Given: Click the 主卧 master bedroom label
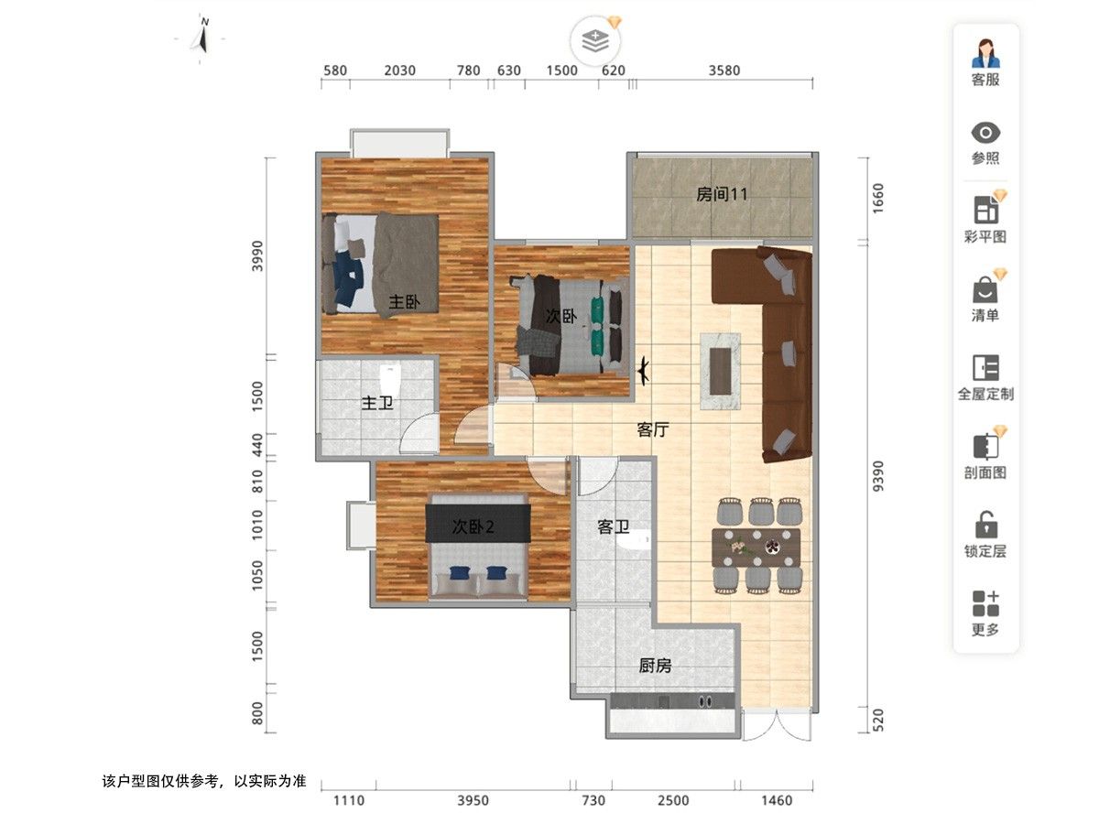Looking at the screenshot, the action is (x=405, y=302).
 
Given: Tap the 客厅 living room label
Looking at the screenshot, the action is (x=653, y=429).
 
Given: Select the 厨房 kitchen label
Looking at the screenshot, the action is (x=655, y=666).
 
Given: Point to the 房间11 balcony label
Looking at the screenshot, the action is (x=722, y=194).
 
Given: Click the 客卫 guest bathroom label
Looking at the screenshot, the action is (x=613, y=526).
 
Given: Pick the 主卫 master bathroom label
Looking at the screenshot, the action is (x=377, y=403).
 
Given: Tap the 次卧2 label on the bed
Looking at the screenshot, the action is (x=473, y=526).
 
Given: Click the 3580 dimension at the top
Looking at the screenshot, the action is (x=724, y=70).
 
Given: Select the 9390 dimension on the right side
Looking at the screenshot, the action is (x=878, y=476).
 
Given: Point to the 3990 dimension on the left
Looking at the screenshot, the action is (x=257, y=256).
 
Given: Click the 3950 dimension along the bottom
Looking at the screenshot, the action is (x=473, y=800).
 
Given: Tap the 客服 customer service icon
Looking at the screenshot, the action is (x=985, y=53).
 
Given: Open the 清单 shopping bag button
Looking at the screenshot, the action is (x=985, y=289).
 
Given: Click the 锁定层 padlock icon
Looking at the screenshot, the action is (x=985, y=525).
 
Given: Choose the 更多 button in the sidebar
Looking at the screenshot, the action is (x=985, y=613).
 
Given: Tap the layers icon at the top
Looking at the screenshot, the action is (x=595, y=41).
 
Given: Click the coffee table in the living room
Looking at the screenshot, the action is (x=720, y=371).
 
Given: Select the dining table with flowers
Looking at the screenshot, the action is (x=756, y=548).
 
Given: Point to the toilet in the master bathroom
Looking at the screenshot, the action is (x=390, y=380).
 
